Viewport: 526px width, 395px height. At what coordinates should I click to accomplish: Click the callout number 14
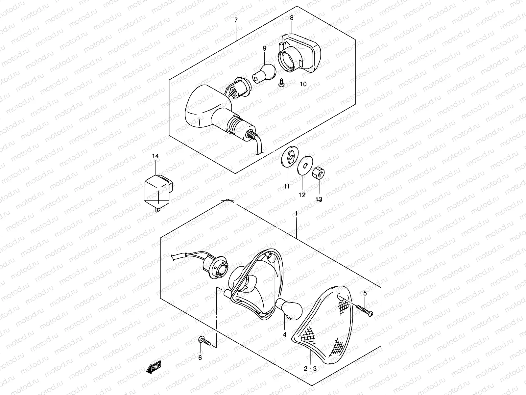pos(155,156)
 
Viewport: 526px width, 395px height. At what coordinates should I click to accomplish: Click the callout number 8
pos(291,18)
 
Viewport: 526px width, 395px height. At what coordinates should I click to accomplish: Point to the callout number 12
pos(302,195)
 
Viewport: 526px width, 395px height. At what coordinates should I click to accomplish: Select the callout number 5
pos(365,293)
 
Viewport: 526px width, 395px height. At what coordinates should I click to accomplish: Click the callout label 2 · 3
pos(310,369)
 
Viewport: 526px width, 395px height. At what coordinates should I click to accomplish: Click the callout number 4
pos(285,334)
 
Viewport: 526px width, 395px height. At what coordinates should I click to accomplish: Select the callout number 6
pos(200,358)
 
